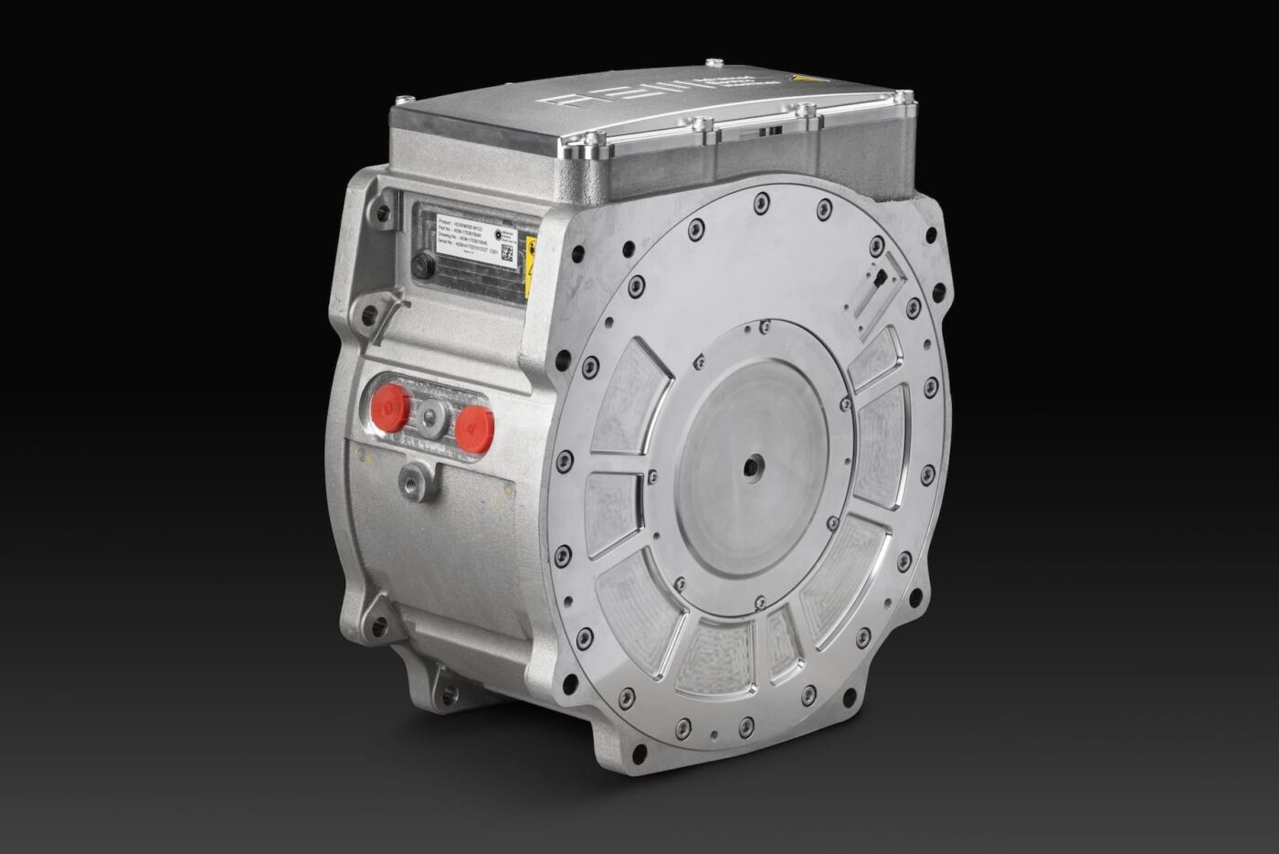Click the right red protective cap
click(x=474, y=422)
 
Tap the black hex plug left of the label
click(x=422, y=266)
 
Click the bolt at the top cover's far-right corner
click(x=904, y=94)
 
